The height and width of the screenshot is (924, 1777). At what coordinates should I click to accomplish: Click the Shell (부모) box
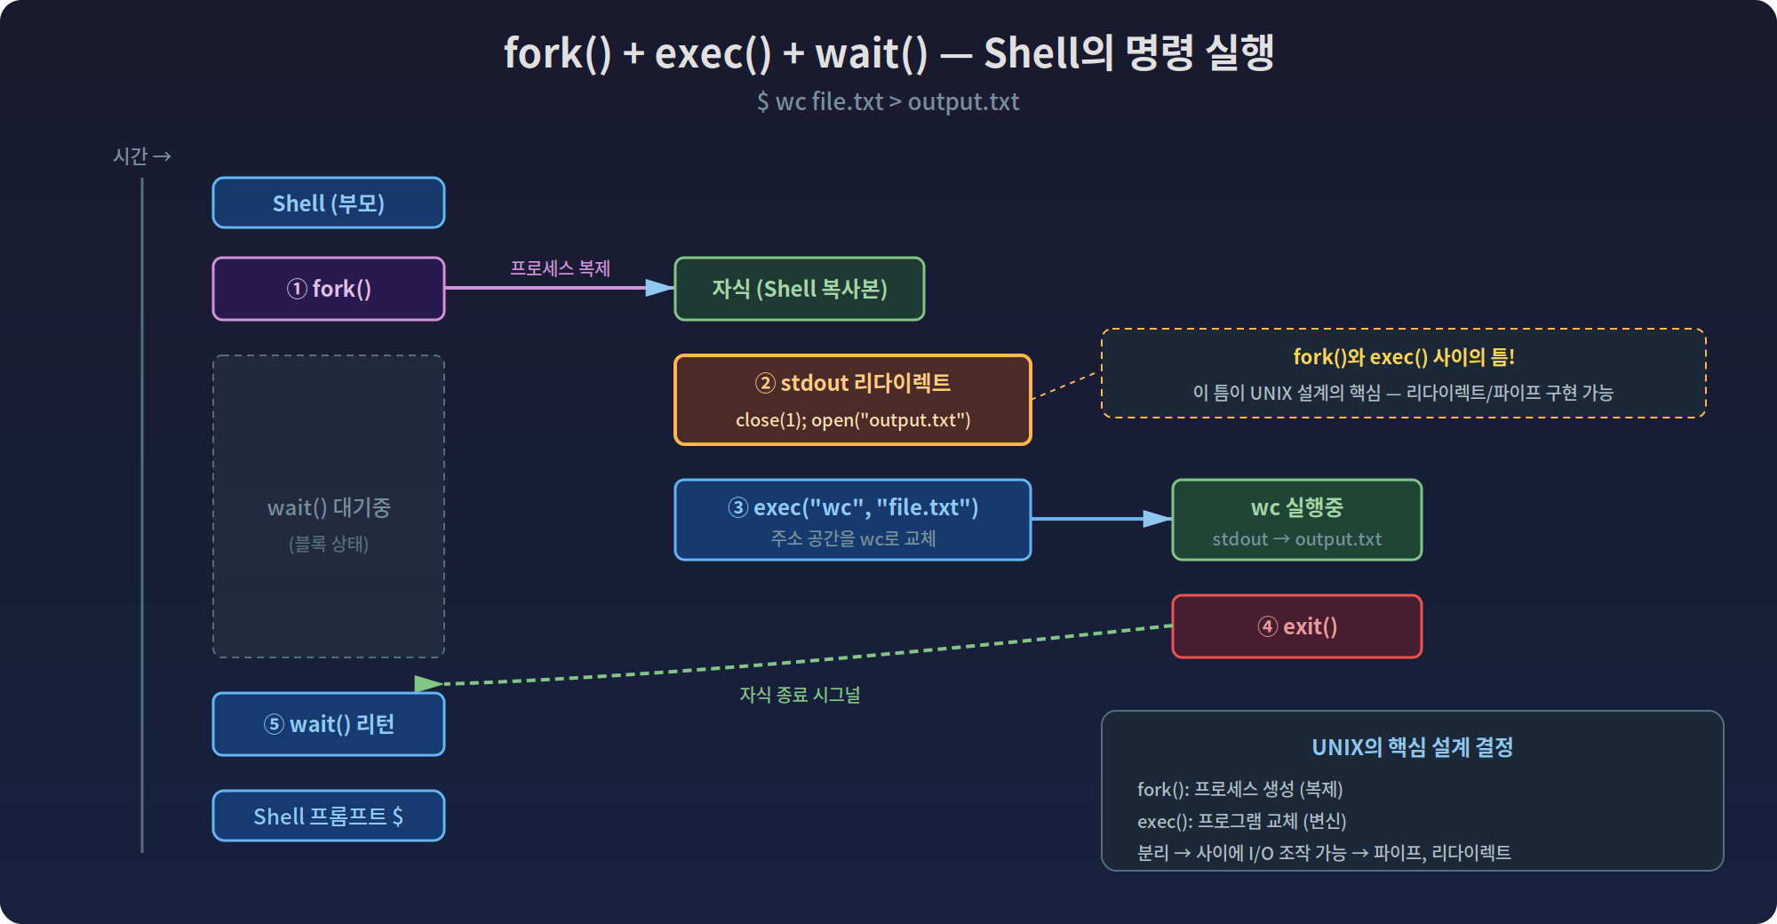(x=329, y=203)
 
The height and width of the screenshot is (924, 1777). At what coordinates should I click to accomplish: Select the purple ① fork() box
(x=329, y=289)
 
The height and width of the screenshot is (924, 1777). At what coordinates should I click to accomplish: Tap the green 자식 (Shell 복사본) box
(x=800, y=289)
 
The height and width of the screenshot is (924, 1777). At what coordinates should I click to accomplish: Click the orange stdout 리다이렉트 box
(x=853, y=400)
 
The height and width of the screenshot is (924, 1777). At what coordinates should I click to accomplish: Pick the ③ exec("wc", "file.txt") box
(x=853, y=520)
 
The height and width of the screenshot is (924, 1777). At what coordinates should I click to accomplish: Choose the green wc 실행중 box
(x=1297, y=520)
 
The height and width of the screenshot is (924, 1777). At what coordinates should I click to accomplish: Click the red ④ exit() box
(x=1297, y=626)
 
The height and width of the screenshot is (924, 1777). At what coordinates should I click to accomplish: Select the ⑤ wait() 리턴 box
(x=329, y=724)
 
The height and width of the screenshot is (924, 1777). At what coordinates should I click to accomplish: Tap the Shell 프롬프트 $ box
(x=329, y=816)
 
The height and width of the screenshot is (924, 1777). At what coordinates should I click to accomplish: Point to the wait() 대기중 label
(x=329, y=507)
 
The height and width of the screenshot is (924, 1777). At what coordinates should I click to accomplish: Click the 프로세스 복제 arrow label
(x=560, y=268)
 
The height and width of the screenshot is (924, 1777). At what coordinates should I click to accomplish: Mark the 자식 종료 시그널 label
(x=800, y=695)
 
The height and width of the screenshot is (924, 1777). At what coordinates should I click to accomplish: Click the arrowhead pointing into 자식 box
(x=659, y=288)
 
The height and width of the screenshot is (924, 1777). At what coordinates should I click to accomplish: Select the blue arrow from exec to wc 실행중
(x=1102, y=519)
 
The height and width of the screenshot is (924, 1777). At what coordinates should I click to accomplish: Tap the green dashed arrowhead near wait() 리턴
(x=428, y=683)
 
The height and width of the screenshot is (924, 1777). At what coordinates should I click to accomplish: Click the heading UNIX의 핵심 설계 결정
(x=1413, y=747)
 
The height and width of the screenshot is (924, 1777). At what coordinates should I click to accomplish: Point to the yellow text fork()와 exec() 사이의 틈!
(x=1404, y=357)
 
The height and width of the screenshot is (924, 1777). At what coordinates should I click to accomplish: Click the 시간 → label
(x=142, y=156)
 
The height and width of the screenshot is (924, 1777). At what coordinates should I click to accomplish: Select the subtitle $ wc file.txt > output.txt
(x=888, y=101)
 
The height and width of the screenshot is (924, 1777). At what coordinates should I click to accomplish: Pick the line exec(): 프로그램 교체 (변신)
(x=1242, y=821)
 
